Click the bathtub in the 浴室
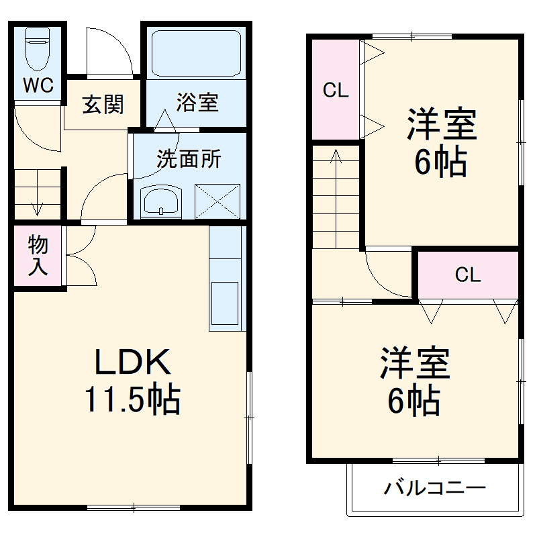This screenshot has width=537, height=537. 195,53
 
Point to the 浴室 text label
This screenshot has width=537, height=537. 197,103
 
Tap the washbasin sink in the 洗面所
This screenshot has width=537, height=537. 161,201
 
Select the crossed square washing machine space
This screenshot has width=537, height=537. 217,201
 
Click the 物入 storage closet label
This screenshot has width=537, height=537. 38,256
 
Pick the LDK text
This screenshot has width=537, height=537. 132,363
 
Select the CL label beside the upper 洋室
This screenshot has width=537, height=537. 336,91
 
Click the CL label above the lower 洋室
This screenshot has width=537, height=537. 468,275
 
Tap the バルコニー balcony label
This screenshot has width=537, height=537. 434,488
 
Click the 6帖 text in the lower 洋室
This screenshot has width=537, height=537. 413,401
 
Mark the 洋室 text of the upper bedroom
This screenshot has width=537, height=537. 441,124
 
